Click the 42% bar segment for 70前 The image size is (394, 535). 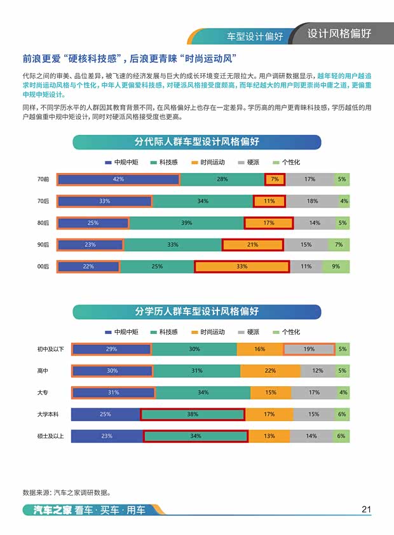click(119, 179)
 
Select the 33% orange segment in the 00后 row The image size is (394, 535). click(241, 267)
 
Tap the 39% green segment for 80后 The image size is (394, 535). click(187, 223)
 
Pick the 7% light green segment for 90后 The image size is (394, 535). click(339, 245)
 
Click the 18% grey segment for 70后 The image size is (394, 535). click(312, 201)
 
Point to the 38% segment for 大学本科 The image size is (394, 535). click(193, 414)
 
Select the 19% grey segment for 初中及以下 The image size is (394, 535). click(309, 349)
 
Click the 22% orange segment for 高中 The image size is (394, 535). click(270, 371)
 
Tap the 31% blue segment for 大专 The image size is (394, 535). click(114, 393)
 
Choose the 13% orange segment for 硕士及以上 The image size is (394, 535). click(269, 436)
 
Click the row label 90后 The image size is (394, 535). click(43, 245)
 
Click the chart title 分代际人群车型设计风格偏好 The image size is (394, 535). click(196, 142)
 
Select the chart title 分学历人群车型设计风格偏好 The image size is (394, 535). click(196, 312)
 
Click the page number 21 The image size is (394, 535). click(365, 509)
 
